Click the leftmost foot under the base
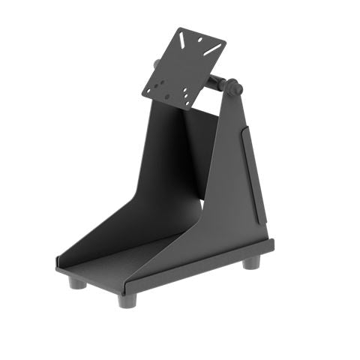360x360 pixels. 76,282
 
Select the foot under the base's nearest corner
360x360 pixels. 126,298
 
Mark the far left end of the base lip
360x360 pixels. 57,264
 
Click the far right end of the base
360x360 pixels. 272,244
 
